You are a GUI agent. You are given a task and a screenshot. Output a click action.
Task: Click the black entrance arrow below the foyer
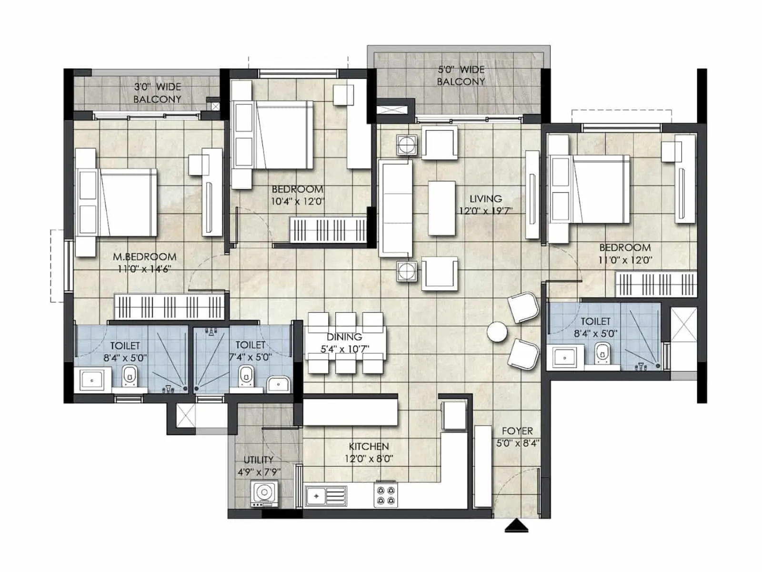point(517,526)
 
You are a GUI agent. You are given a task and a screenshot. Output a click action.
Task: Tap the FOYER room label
point(517,431)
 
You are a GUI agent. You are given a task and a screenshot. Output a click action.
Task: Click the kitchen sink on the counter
point(326,496)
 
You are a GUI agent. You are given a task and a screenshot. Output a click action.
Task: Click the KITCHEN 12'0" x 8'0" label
point(369,452)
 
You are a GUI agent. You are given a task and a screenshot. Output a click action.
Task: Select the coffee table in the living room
point(442,208)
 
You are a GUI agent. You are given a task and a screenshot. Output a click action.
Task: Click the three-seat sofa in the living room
point(395,208)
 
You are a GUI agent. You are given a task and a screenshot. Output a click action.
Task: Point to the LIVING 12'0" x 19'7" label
point(485,204)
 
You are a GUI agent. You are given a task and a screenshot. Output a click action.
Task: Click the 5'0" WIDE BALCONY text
point(461,75)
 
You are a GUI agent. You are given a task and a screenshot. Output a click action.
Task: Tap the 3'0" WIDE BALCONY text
point(157,93)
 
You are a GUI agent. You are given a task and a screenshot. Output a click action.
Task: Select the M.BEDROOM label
point(144,257)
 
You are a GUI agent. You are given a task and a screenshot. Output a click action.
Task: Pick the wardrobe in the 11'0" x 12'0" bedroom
point(655,285)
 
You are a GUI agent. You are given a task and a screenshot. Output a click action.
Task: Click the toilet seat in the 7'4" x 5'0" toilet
point(245,376)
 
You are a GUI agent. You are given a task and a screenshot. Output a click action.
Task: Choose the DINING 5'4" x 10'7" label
point(344,343)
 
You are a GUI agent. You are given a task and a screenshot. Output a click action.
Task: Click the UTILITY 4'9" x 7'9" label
point(259,466)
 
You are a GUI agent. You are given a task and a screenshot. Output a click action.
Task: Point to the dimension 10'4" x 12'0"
point(298,201)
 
